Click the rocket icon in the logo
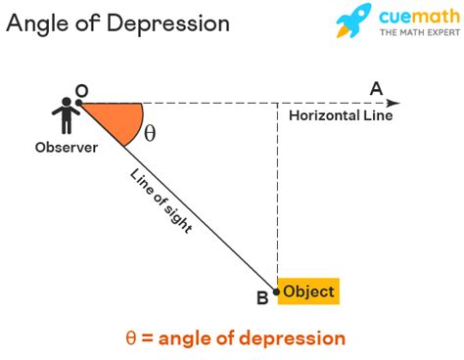tap(354, 22)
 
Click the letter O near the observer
tap(81, 90)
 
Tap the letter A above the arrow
tap(376, 89)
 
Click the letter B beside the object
tap(262, 299)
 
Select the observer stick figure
tap(67, 116)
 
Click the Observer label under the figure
tap(67, 149)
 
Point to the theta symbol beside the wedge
tap(150, 134)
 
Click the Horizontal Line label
tap(341, 116)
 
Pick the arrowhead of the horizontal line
tap(394, 103)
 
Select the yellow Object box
tap(308, 292)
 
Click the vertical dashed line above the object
tap(278, 196)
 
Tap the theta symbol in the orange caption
tap(130, 338)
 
